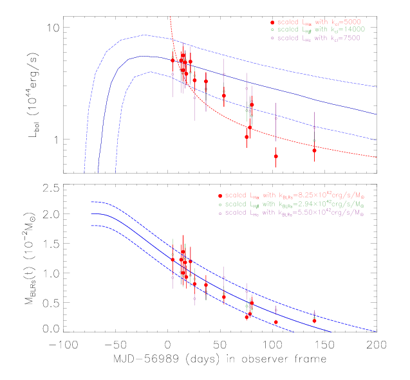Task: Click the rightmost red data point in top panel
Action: pos(314,150)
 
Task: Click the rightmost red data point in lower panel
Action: pos(314,320)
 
